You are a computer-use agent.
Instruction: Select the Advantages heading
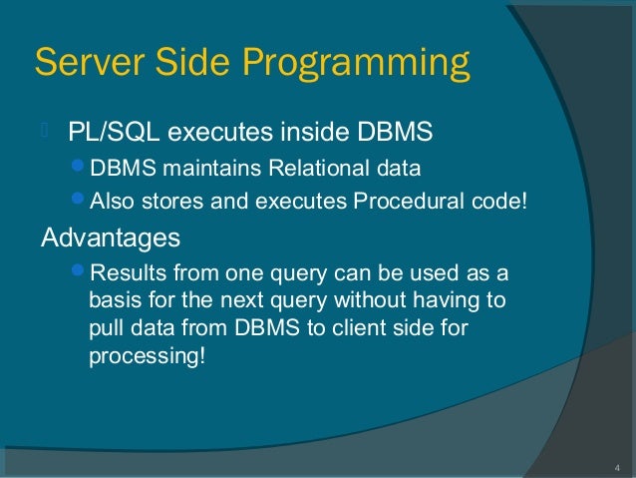[110, 239]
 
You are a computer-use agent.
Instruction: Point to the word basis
[113, 300]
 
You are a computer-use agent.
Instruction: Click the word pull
[106, 328]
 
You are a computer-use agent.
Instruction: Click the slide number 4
[616, 466]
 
